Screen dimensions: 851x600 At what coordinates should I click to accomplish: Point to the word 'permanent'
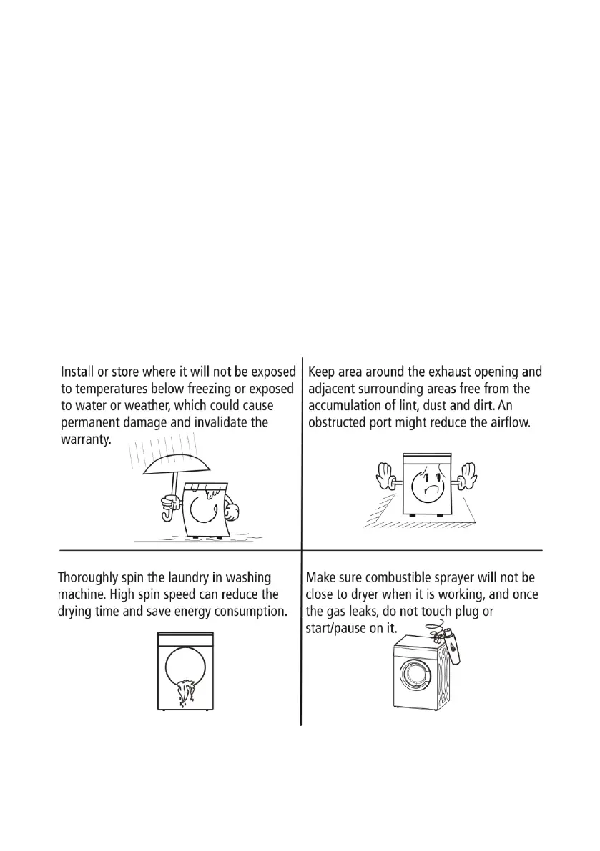[92, 422]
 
